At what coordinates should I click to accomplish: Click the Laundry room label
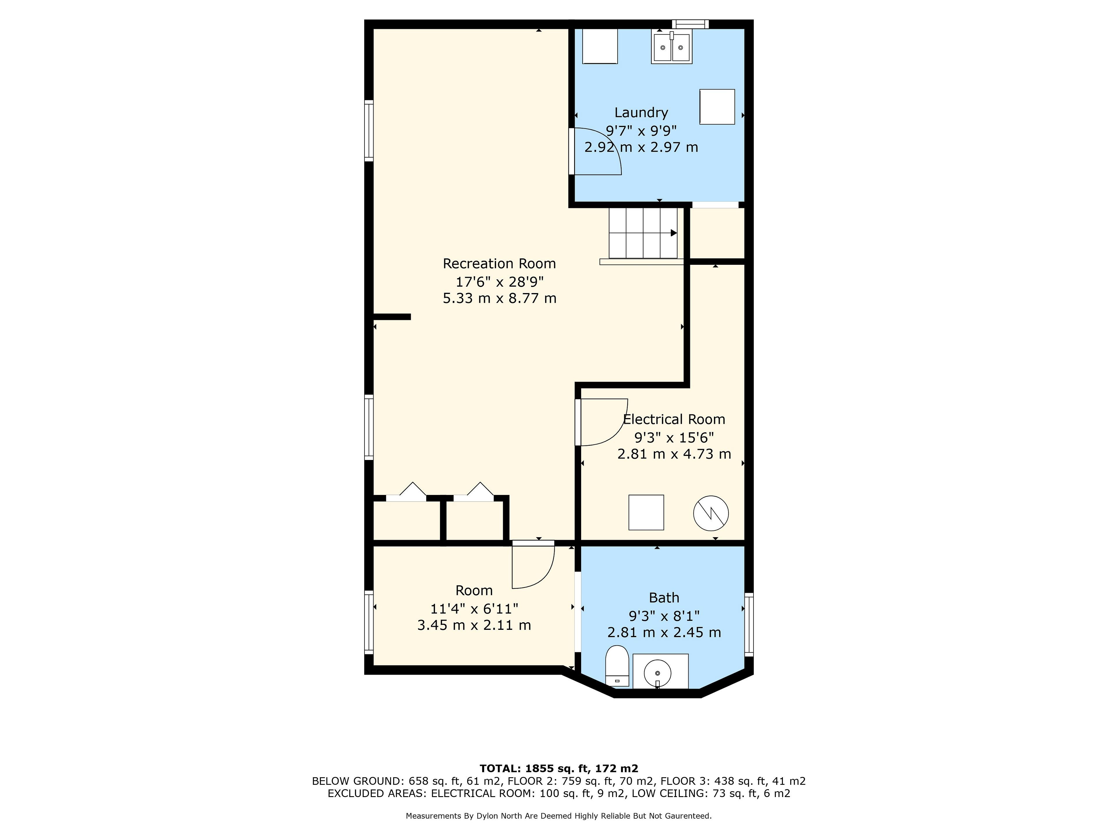(641, 113)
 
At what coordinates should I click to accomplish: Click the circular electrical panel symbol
(711, 513)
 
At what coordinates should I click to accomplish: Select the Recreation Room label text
(499, 263)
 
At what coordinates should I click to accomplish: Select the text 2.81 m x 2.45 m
(664, 632)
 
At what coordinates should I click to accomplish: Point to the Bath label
(664, 598)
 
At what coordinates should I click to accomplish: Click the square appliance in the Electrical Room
(646, 512)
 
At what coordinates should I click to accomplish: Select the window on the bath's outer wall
(749, 625)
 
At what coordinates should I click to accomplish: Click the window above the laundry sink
(690, 24)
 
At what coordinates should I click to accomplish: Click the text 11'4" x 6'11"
(474, 608)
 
